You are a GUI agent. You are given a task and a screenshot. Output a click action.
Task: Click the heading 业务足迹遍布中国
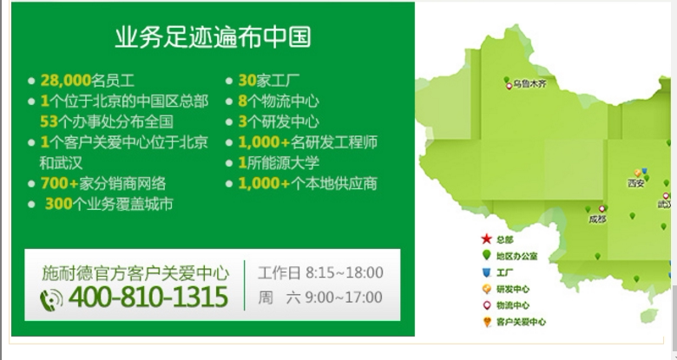213,36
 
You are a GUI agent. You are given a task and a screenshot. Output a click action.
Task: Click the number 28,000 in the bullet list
66,81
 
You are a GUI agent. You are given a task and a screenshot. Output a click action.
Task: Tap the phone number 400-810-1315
148,297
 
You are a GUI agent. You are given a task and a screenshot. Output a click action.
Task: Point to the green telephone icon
51,299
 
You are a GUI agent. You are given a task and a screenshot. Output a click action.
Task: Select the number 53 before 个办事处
49,121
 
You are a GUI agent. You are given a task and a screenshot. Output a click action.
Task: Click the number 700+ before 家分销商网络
60,183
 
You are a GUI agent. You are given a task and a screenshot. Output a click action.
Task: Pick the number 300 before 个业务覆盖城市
59,204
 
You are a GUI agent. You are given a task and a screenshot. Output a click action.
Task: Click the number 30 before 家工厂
247,81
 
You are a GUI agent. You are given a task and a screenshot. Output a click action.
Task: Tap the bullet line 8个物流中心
279,101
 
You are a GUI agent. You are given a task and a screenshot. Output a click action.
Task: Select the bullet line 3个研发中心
279,121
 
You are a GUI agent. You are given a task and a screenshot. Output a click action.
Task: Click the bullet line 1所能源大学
279,163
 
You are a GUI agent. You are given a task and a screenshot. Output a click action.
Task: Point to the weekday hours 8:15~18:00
344,272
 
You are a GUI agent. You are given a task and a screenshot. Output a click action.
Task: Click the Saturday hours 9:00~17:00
344,298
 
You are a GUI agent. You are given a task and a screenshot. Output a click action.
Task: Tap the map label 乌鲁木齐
530,84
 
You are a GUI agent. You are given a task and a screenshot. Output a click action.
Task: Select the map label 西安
636,183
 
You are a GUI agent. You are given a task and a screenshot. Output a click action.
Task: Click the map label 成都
597,219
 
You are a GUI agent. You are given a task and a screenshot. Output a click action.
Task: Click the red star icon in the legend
487,239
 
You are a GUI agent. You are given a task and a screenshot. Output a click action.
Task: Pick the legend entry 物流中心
512,305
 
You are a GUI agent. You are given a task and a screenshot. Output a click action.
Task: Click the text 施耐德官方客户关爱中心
135,273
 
